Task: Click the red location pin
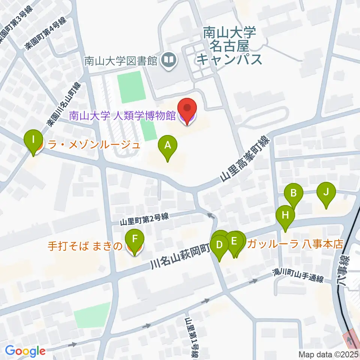[x=187, y=109]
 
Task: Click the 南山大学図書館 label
[x=120, y=61]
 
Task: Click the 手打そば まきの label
[x=85, y=246]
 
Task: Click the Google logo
[x=25, y=351]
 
